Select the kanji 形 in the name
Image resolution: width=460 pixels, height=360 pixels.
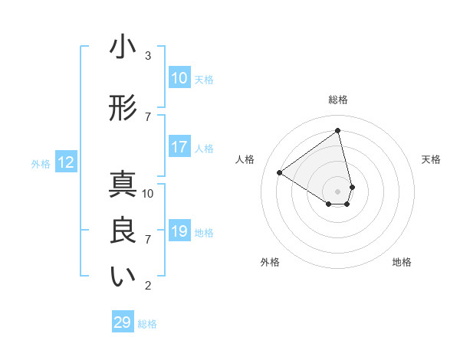[123, 109]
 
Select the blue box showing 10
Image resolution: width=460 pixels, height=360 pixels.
[179, 78]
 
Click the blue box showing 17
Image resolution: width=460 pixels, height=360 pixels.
[179, 147]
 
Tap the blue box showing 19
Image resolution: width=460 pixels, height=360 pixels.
[179, 231]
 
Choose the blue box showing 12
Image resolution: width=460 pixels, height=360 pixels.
[66, 162]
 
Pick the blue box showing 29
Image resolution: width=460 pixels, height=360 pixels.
[123, 322]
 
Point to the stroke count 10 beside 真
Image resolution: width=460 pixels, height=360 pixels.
[148, 194]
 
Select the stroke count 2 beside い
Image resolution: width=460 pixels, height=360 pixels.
[148, 286]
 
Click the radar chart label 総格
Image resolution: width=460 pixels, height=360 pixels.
[338, 100]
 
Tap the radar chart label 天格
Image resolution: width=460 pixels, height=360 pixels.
[431, 159]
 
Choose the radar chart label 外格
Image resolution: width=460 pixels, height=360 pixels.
[270, 262]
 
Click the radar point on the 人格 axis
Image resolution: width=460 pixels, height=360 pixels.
[280, 173]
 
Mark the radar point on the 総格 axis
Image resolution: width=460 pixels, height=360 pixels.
[338, 131]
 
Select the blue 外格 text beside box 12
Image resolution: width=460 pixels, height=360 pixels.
[41, 163]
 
